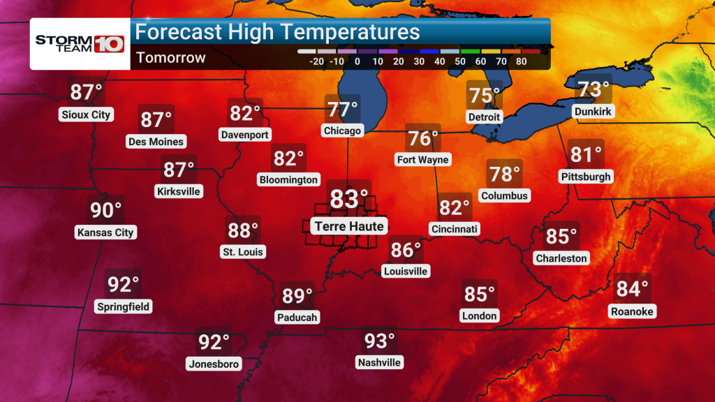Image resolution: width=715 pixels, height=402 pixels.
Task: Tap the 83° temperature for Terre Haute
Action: pyautogui.click(x=348, y=199)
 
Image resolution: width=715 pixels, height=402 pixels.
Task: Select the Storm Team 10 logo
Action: pyautogui.click(x=80, y=43)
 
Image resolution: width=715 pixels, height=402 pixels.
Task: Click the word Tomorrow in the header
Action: pyautogui.click(x=171, y=58)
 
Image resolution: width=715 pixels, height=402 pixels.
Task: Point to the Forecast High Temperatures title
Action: pyautogui.click(x=277, y=32)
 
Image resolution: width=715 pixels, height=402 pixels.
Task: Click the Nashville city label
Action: pyautogui.click(x=379, y=362)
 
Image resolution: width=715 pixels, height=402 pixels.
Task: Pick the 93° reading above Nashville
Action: pyautogui.click(x=380, y=341)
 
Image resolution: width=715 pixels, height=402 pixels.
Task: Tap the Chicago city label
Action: pyautogui.click(x=342, y=131)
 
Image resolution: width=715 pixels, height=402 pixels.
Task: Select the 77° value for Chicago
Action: pyautogui.click(x=342, y=110)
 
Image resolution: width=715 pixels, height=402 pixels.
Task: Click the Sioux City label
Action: pyautogui.click(x=86, y=114)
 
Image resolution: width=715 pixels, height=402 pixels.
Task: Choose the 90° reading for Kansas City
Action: pyautogui.click(x=106, y=210)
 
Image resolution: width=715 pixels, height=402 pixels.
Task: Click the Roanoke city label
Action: pyautogui.click(x=632, y=311)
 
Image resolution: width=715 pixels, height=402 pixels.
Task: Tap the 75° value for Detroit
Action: pyautogui.click(x=485, y=95)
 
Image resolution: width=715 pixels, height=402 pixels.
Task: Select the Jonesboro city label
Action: pyautogui.click(x=214, y=364)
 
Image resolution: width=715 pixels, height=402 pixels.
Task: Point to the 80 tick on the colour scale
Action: pyautogui.click(x=521, y=61)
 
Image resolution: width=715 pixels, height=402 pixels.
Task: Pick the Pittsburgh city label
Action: pyautogui.click(x=586, y=177)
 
